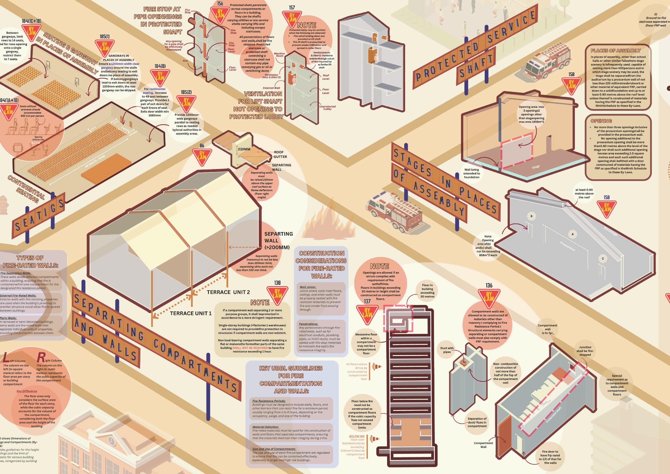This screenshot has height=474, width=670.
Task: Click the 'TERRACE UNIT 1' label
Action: [x=191, y=313]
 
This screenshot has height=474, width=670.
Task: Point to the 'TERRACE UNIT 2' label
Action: [x=228, y=292]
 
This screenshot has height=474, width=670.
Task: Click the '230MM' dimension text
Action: [x=244, y=149]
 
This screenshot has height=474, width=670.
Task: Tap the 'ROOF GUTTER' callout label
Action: [x=280, y=155]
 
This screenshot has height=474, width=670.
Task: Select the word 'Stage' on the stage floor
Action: [x=536, y=167]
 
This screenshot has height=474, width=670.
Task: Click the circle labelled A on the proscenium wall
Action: [x=573, y=234]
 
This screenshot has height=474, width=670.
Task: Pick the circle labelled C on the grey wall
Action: [x=603, y=258]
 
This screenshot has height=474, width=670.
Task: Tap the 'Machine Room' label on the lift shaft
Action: [x=279, y=55]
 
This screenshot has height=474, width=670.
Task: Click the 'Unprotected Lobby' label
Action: [x=327, y=108]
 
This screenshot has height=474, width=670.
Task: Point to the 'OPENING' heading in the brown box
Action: [x=601, y=121]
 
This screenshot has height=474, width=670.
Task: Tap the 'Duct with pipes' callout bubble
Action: [x=447, y=350]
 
